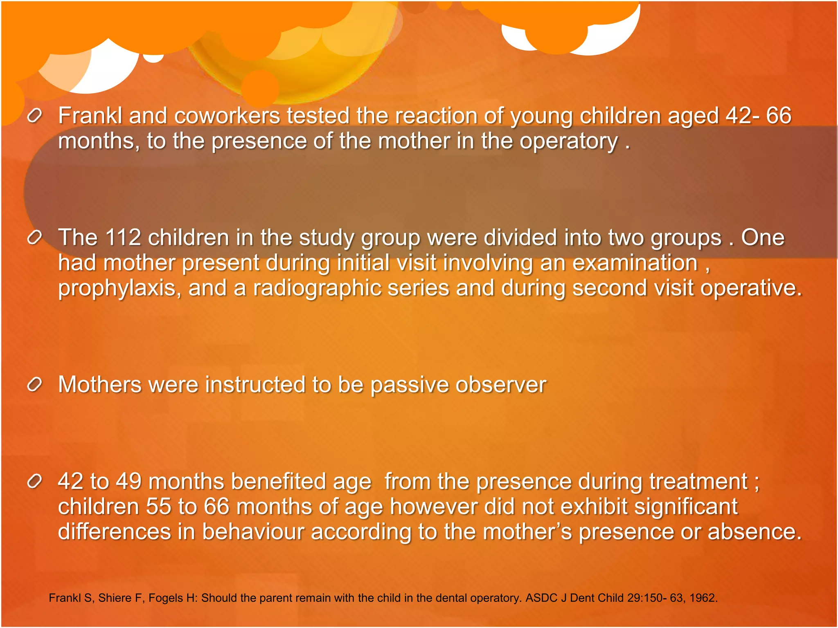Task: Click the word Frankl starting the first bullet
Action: coord(90,116)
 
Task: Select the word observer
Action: coord(501,385)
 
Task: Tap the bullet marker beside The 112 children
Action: coord(35,237)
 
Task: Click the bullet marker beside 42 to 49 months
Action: coord(35,481)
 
